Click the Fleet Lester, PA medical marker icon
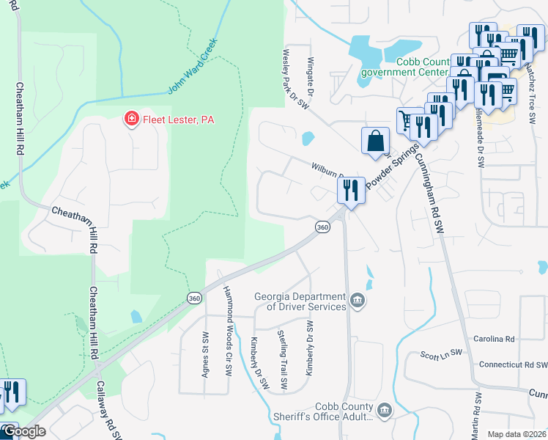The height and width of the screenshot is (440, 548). tap(132, 119)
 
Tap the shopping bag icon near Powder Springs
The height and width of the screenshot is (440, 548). tap(376, 140)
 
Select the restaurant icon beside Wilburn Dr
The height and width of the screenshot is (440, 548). tap(350, 191)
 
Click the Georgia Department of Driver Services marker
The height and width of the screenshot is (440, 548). tap(358, 299)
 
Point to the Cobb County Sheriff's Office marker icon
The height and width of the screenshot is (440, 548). tap(385, 409)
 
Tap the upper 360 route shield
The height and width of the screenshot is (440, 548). tap(322, 227)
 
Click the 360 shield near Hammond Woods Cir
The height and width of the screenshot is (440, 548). tap(194, 298)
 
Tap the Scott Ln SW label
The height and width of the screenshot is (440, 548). tap(442, 355)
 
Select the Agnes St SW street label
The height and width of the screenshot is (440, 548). tap(205, 351)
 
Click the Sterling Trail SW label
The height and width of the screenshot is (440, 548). tap(284, 360)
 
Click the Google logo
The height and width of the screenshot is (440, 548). tap(23, 431)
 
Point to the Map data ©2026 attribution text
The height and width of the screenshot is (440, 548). tap(516, 434)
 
